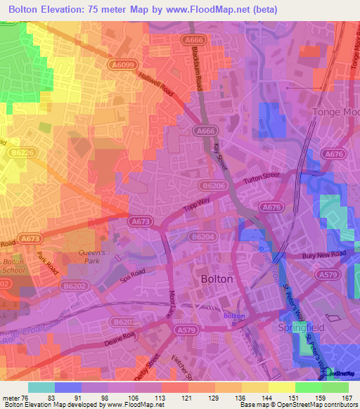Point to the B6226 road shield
[x=23, y=152]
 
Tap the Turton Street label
[x=262, y=178]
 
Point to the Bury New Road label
[x=325, y=255]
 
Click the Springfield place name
[x=316, y=326]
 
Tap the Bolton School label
[x=13, y=266]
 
